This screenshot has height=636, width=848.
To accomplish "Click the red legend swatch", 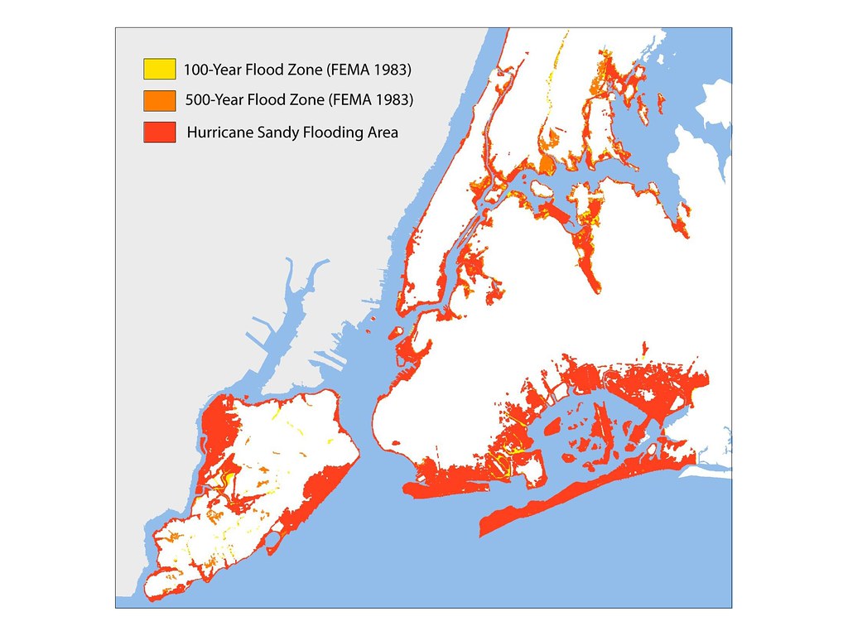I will (159, 132).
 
